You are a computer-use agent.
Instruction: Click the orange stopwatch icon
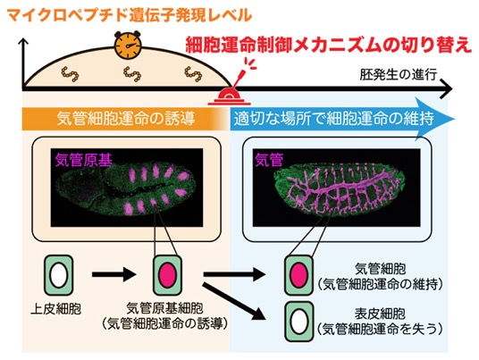128,46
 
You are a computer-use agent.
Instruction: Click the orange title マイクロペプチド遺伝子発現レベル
130,15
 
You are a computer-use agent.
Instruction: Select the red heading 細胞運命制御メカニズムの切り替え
329,46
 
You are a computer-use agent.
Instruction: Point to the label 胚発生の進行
399,74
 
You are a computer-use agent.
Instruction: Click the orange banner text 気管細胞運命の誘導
126,119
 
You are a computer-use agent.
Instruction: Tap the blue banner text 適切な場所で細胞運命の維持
333,119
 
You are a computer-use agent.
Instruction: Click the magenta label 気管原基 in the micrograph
84,160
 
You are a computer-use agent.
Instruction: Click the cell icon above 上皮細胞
59,275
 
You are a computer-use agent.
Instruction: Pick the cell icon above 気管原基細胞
167,275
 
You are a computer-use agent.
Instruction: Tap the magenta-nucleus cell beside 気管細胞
299,275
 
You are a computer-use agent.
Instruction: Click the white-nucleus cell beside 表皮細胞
299,322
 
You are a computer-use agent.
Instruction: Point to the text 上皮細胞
56,309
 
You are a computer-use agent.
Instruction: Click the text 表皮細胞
380,314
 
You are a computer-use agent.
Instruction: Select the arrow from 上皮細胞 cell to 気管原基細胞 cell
113,274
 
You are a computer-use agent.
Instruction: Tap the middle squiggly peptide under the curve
132,74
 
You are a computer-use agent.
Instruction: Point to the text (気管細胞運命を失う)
380,330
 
